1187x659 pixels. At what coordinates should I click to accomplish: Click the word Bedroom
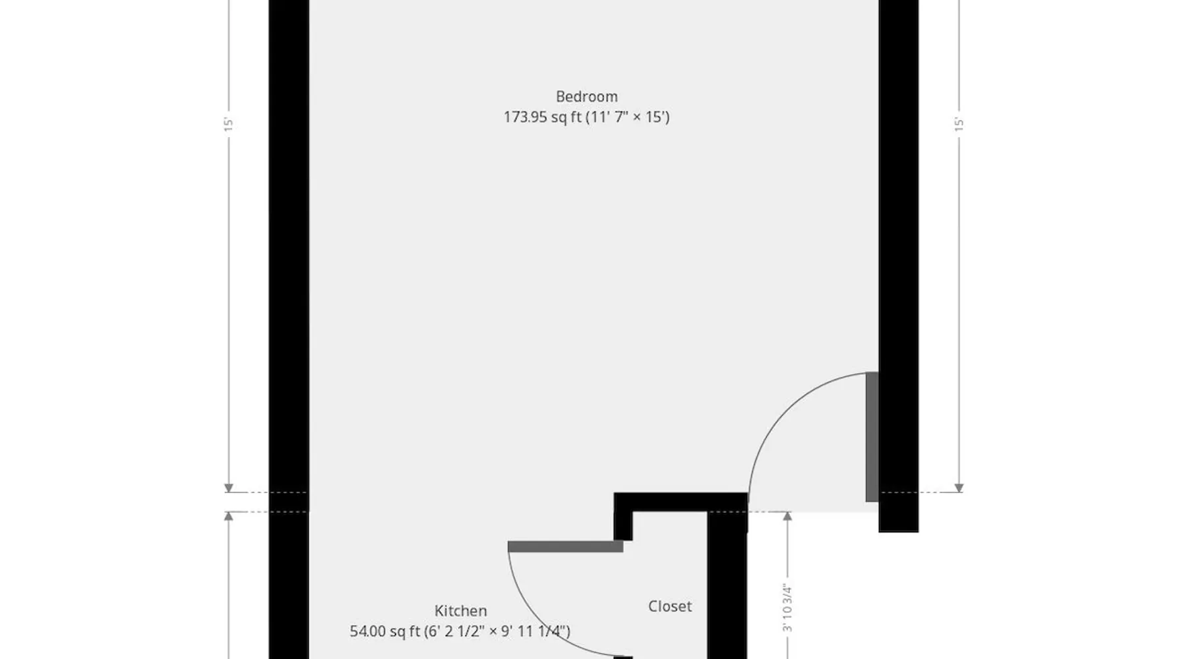(586, 97)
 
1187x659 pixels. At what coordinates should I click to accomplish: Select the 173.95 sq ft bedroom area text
(586, 117)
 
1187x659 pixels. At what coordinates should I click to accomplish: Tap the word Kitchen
(460, 611)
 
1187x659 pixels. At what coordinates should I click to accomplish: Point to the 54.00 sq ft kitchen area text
(460, 631)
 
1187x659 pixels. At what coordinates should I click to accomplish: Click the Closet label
(670, 606)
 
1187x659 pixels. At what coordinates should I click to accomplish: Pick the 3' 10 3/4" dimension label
(787, 608)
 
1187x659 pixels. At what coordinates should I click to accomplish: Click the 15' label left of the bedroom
(229, 125)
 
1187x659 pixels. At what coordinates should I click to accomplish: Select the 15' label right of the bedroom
(959, 125)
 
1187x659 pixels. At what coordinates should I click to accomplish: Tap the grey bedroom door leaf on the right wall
(872, 437)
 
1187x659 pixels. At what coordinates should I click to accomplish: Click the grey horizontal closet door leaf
(565, 546)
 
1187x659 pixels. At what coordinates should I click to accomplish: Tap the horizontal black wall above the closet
(681, 502)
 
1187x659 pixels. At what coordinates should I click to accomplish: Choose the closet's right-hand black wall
(727, 585)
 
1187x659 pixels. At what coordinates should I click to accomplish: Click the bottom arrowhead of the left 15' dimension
(229, 488)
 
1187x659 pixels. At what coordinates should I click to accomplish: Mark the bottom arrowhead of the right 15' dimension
(959, 488)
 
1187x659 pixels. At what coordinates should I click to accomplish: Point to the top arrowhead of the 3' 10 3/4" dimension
(787, 517)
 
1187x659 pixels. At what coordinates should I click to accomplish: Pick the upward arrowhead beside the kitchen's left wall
(229, 517)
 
